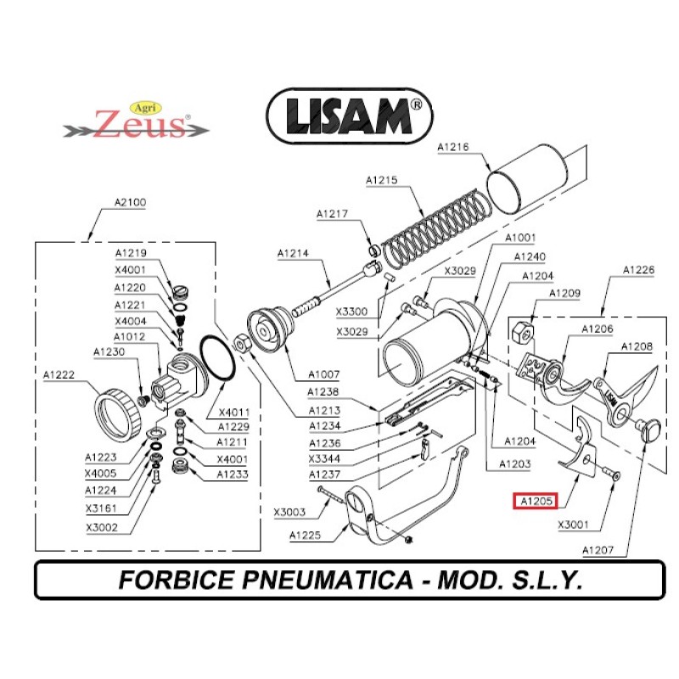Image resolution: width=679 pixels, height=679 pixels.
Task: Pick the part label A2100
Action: (130, 203)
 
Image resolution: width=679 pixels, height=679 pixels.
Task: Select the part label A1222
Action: (59, 374)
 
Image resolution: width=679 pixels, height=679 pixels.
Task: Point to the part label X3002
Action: (102, 527)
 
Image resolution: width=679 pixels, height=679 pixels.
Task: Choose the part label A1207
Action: (598, 550)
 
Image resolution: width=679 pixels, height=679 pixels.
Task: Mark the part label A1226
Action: (638, 270)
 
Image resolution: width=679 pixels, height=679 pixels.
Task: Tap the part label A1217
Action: (332, 214)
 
